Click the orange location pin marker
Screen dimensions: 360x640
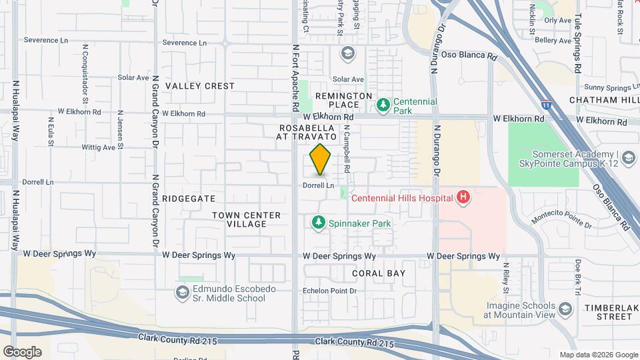pyautogui.click(x=321, y=159)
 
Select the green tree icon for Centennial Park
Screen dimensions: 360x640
pyautogui.click(x=383, y=105)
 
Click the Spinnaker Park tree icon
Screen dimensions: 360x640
pyautogui.click(x=319, y=223)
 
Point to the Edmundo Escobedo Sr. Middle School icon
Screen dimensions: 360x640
pyautogui.click(x=182, y=293)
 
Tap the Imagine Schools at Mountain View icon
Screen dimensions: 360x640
pyautogui.click(x=565, y=309)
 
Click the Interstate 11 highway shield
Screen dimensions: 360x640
pyautogui.click(x=546, y=105)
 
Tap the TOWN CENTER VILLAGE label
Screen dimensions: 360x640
pyautogui.click(x=239, y=219)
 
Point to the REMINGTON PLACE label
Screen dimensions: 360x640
pyautogui.click(x=343, y=101)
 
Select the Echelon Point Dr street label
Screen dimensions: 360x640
pyautogui.click(x=331, y=291)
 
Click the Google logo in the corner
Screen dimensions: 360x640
pyautogui.click(x=22, y=352)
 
